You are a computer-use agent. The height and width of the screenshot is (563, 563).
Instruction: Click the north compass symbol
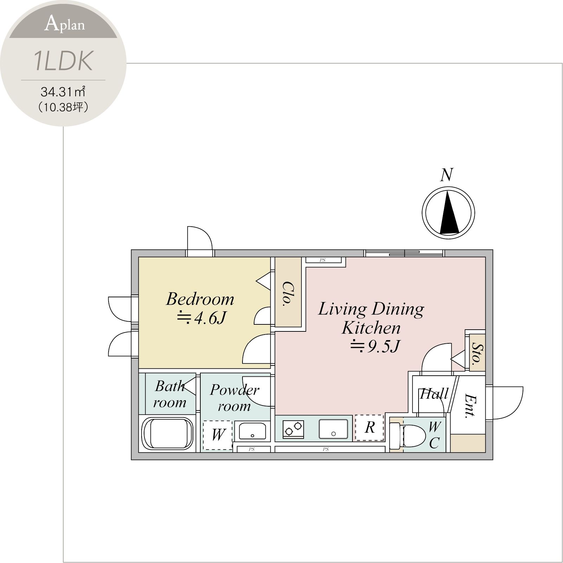coord(448,213)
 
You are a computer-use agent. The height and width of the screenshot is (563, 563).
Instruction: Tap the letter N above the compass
coord(447,175)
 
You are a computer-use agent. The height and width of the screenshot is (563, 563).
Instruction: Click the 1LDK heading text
coord(64,61)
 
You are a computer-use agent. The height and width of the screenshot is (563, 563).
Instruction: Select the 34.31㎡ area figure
coord(63,92)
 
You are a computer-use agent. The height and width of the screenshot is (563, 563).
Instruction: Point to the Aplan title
coord(65,24)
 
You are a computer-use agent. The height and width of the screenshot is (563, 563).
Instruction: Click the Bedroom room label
coord(200,299)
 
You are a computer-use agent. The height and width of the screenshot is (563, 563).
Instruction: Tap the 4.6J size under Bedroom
coord(202,318)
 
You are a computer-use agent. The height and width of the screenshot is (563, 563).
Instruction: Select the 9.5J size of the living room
coord(375,346)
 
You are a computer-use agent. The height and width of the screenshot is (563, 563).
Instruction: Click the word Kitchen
coord(371,328)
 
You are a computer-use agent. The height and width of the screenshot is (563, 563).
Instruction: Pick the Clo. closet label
coord(288,294)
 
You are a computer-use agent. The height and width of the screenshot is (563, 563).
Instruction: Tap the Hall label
coord(434,394)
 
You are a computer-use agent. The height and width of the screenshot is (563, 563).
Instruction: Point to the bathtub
coord(167,433)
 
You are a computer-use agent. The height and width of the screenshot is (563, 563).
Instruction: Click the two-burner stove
coord(293,429)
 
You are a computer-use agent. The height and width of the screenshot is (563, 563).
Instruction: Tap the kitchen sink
coord(333,429)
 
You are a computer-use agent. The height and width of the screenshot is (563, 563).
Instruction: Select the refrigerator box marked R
coord(369,428)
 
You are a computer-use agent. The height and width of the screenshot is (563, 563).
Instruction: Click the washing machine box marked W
coord(218,435)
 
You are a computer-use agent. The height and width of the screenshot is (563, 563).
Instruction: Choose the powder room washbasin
coord(252,431)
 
